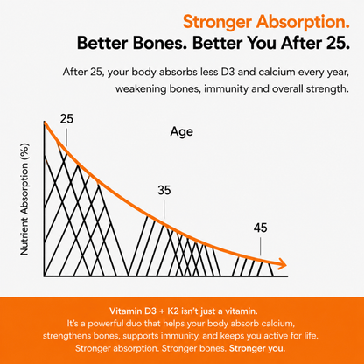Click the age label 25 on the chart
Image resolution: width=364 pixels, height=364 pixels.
66,119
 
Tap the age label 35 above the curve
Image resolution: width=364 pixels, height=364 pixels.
164,190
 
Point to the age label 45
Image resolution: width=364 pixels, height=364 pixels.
261,227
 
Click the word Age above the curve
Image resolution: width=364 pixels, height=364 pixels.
182,132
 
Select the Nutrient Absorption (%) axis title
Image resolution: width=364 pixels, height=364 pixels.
24,199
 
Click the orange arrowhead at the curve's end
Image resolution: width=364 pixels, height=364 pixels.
283,264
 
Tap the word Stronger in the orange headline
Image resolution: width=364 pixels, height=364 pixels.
217,22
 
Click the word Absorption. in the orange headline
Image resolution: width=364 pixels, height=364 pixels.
303,23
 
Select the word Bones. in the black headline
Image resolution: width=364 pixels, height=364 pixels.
158,43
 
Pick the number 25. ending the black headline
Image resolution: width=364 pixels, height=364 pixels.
337,43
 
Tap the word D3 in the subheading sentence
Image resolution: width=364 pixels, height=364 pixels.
227,72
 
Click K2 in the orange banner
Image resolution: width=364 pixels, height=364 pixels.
173,311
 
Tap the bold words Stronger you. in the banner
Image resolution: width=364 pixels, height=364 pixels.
257,348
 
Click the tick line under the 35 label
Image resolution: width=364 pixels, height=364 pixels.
164,209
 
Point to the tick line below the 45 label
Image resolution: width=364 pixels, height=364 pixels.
261,247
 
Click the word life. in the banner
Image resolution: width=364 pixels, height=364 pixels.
310,336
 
